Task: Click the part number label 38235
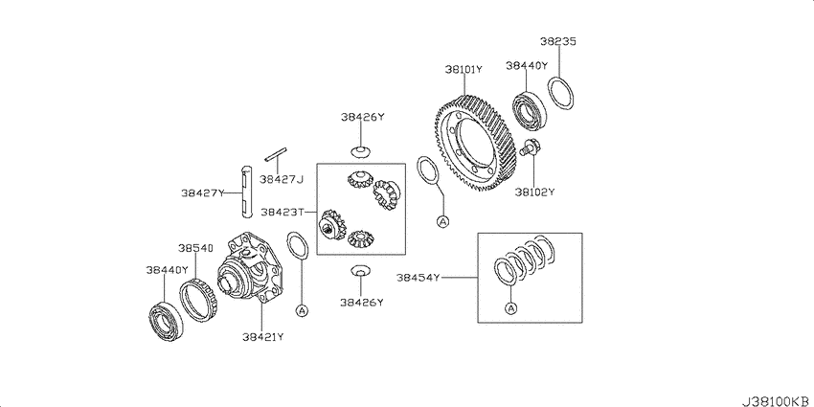pyautogui.click(x=557, y=41)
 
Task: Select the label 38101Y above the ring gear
pyautogui.click(x=464, y=70)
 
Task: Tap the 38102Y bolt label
pyautogui.click(x=534, y=192)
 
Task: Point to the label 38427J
pyautogui.click(x=281, y=180)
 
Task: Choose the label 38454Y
pyautogui.click(x=418, y=278)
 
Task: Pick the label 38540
pyautogui.click(x=195, y=248)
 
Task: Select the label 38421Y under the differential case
pyautogui.click(x=262, y=337)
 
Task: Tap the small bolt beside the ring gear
pyautogui.click(x=529, y=147)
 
